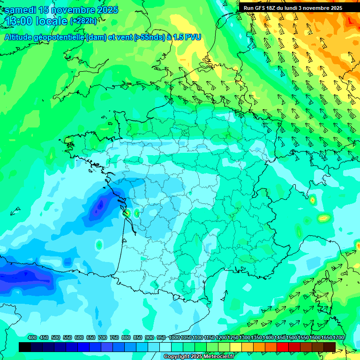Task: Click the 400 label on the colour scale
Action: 32,338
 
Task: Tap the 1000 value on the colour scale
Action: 174,338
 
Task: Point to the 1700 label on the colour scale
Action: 338,338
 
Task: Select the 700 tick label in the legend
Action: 103,338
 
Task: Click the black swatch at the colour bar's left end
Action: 25,347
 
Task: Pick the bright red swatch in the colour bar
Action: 282,347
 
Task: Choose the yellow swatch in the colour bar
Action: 235,347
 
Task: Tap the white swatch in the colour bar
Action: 165,347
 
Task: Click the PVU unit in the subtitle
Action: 194,37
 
